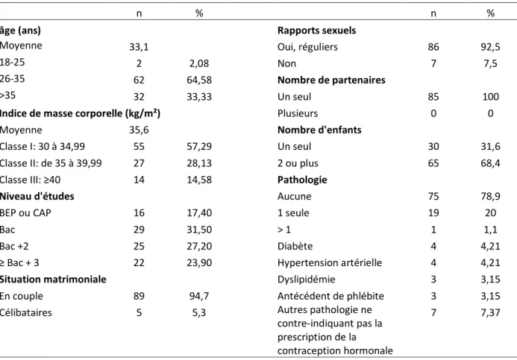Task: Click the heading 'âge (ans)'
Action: [x=20, y=31]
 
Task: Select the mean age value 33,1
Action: [x=139, y=47]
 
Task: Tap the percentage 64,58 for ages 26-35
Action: [x=199, y=80]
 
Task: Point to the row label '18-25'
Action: [x=12, y=63]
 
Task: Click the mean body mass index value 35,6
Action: [x=139, y=130]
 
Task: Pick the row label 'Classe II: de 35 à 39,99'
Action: [x=51, y=163]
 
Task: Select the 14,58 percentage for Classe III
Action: [x=199, y=180]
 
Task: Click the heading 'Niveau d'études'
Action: [x=37, y=196]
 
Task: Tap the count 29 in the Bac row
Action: [x=139, y=230]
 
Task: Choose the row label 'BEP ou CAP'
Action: [x=25, y=213]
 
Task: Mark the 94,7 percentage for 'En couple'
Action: [x=199, y=296]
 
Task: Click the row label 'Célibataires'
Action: [x=25, y=312]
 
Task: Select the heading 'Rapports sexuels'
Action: [x=316, y=31]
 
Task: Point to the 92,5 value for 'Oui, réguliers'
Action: [x=490, y=47]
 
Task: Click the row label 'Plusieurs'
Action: [x=298, y=113]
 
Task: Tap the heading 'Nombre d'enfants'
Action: [x=319, y=130]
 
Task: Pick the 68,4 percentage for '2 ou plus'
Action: [x=490, y=163]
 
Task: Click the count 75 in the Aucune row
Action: [x=433, y=196]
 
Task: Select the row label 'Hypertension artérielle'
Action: [x=330, y=263]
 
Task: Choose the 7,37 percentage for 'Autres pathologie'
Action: [x=490, y=312]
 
